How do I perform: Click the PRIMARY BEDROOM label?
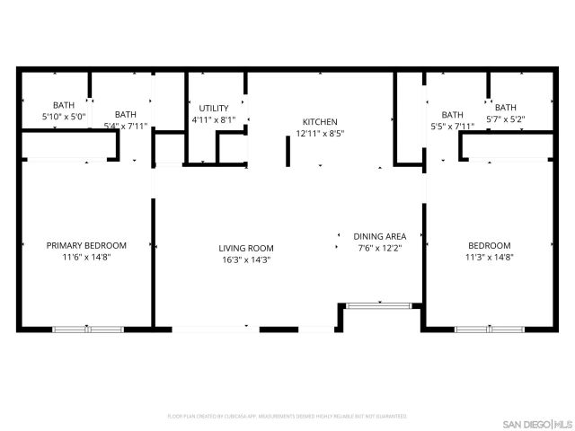click(86, 245)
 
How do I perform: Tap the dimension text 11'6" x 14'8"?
click(86, 257)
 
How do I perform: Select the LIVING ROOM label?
click(246, 248)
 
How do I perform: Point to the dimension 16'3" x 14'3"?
click(246, 259)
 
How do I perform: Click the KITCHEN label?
click(320, 121)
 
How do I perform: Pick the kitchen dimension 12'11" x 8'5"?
click(320, 133)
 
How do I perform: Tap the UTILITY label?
click(214, 107)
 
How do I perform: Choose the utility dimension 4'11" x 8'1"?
click(214, 119)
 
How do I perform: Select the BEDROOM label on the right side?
click(490, 245)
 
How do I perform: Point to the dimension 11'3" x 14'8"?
click(490, 257)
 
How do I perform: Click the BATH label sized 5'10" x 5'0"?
click(64, 105)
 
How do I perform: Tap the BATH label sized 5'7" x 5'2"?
click(505, 107)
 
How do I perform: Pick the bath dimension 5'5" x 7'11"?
click(452, 126)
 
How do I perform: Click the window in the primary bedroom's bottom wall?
click(87, 329)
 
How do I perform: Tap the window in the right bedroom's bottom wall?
click(489, 329)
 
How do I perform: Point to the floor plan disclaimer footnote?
click(287, 417)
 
